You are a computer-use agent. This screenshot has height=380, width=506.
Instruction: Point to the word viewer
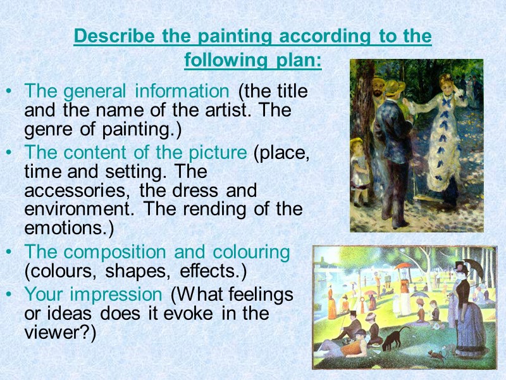pyautogui.click(x=56, y=332)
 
